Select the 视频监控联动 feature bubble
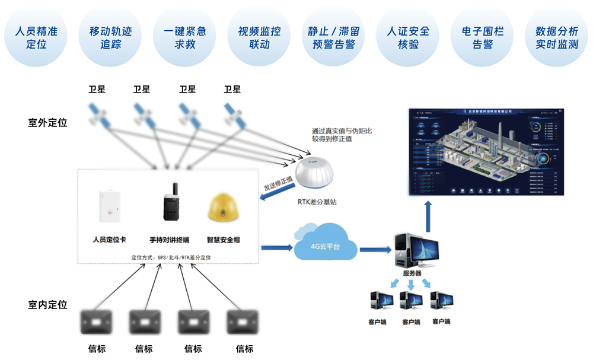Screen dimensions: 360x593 pyautogui.click(x=259, y=37)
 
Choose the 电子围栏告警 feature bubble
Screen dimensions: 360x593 pyautogui.click(x=482, y=37)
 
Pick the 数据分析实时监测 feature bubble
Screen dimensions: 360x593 pyautogui.click(x=556, y=37)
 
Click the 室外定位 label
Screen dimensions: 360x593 pyautogui.click(x=47, y=123)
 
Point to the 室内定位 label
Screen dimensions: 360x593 pyautogui.click(x=47, y=305)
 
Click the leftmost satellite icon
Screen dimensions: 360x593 pyautogui.click(x=99, y=114)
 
